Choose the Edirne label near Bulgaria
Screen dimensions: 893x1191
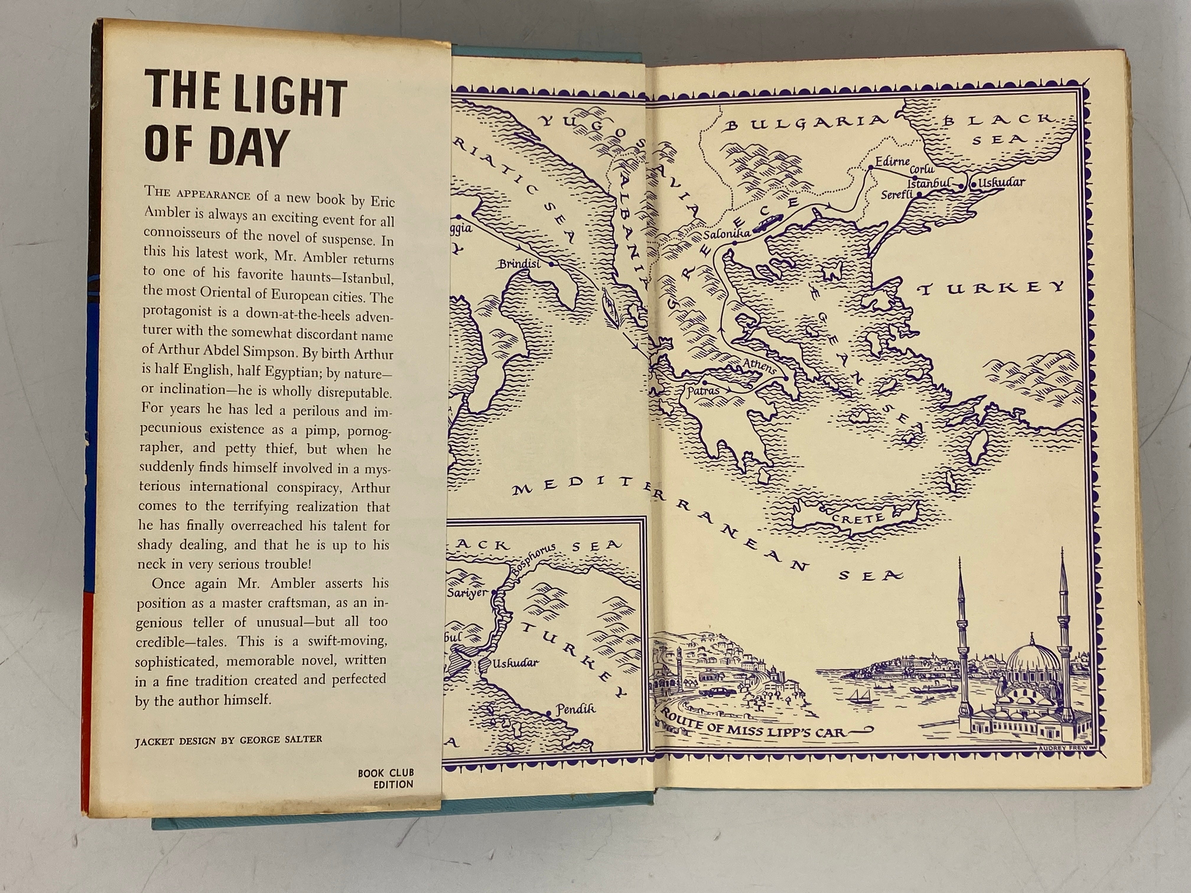pos(892,161)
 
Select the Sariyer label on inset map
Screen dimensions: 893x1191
pos(467,593)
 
